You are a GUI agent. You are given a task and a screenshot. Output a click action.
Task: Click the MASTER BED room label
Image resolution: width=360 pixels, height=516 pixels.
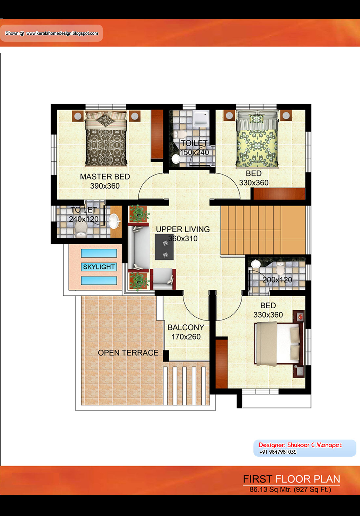click(105, 177)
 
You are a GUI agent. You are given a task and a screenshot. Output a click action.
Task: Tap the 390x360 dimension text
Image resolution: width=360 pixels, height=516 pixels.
click(105, 186)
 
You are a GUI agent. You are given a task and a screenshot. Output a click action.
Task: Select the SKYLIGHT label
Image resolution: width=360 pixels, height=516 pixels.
click(99, 267)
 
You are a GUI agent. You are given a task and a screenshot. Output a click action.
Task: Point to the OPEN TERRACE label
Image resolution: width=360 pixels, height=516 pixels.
click(128, 353)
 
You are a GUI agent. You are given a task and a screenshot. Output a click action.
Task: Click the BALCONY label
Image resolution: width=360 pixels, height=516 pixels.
click(186, 327)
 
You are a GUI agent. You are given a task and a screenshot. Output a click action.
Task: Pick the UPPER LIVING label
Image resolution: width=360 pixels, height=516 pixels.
click(183, 229)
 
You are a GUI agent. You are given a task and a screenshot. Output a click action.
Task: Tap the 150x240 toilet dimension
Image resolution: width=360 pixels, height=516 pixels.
click(194, 153)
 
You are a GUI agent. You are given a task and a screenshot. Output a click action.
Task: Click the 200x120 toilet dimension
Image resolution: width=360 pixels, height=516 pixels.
click(277, 280)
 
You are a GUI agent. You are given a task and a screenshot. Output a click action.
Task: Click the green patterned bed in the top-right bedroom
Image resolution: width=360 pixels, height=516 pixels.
click(257, 139)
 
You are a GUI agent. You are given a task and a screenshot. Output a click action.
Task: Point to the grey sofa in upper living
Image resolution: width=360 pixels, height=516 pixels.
click(139, 246)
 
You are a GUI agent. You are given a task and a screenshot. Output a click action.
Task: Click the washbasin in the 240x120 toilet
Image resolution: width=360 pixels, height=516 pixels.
click(114, 221)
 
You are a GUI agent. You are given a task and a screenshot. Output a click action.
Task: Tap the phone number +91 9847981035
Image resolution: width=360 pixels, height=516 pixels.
click(278, 452)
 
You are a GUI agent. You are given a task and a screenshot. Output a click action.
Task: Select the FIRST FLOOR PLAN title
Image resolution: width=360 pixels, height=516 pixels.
click(291, 479)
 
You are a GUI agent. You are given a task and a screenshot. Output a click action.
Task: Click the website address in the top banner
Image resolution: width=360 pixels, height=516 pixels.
click(62, 33)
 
